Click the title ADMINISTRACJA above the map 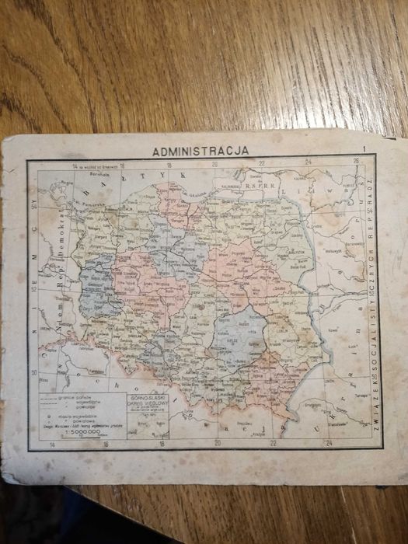point(201,151)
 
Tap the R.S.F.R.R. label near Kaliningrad point(257,187)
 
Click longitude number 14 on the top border point(75,163)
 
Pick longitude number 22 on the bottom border point(273,444)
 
